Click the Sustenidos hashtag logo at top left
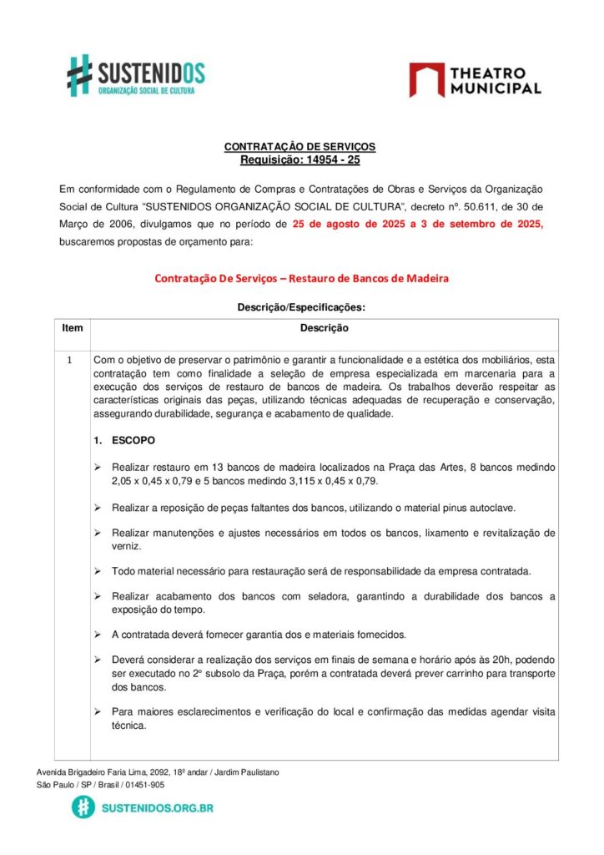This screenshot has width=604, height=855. pos(79,74)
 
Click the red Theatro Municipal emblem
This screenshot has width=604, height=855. pos(426,79)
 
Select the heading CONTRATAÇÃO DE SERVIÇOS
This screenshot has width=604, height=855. pos(299,147)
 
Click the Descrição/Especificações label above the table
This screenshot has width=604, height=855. pos(301,307)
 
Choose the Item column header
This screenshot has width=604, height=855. pos(73,328)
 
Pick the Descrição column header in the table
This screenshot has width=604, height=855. pos(324,329)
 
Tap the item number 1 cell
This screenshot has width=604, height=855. pos(72,360)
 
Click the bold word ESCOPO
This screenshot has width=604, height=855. pos(133,440)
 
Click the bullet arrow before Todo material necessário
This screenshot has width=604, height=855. pos(98,571)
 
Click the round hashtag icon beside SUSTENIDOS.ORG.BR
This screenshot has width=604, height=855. pos(83,807)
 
